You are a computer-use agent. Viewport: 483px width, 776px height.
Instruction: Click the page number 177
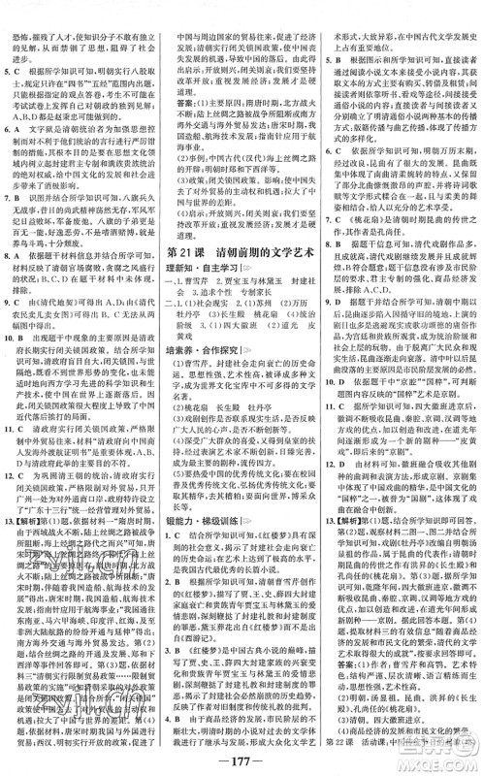241,754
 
